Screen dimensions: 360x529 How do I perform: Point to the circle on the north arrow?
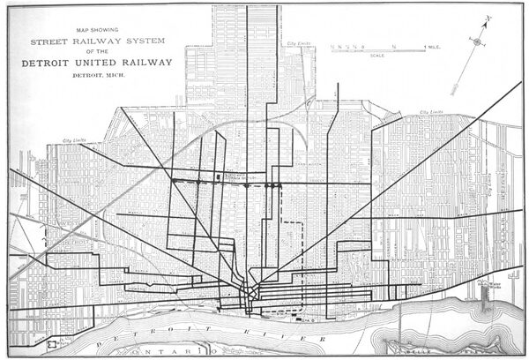477,41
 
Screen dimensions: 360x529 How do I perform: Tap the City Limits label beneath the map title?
72,140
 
